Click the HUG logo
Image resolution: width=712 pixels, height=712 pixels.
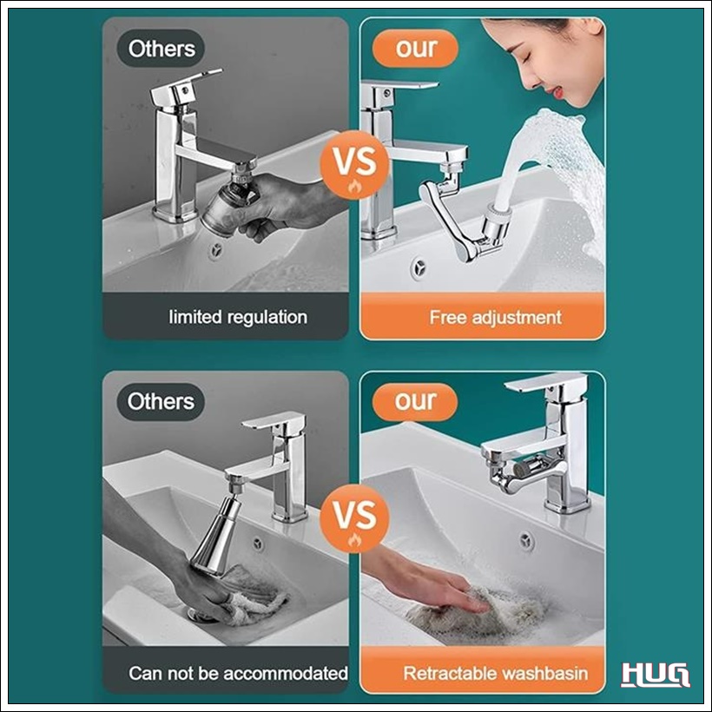(x=655, y=675)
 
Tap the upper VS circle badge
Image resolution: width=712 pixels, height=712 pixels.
(x=354, y=164)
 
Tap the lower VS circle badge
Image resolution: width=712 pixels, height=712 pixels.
(x=354, y=518)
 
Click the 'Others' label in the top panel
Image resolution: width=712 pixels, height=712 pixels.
(x=162, y=49)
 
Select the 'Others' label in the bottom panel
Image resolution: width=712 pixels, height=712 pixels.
(x=161, y=402)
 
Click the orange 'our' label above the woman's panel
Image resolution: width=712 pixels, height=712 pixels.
(x=416, y=48)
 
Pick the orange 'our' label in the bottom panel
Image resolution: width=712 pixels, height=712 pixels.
(x=415, y=401)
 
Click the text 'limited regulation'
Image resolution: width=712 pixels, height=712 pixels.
(x=238, y=317)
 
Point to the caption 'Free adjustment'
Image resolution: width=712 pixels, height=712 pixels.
(x=496, y=317)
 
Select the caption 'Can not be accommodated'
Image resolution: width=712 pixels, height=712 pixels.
(x=238, y=673)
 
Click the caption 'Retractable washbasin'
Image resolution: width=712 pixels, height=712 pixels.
(x=496, y=673)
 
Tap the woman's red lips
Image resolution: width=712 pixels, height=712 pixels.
(x=557, y=92)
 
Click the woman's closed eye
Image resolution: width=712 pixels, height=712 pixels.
(x=528, y=60)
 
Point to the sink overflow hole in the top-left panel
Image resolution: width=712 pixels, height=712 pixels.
(x=216, y=251)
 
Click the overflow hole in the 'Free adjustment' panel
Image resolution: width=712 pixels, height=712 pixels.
(x=419, y=267)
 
